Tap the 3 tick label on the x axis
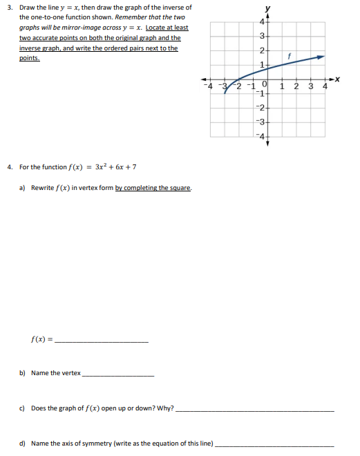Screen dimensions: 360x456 click(x=310, y=86)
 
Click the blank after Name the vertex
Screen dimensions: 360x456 click(x=117, y=375)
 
